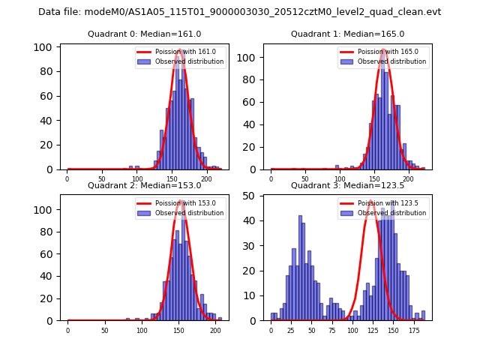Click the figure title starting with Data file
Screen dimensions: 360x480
point(240,12)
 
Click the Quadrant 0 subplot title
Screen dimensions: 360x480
point(145,34)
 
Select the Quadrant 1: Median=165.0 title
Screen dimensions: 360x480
point(347,34)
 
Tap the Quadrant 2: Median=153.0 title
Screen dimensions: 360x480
point(145,185)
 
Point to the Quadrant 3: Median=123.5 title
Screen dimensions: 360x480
point(347,185)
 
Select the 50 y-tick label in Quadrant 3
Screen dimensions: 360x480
point(253,196)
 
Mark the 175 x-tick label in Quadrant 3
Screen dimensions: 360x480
point(414,330)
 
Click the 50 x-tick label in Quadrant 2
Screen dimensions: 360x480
point(104,330)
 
